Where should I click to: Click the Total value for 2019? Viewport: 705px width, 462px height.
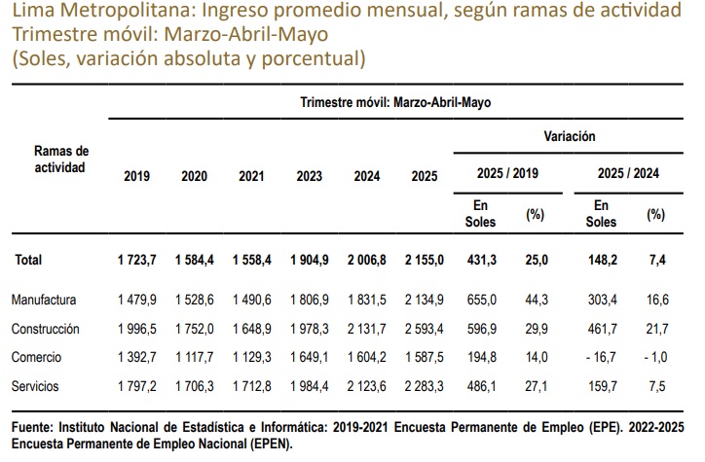[136, 260]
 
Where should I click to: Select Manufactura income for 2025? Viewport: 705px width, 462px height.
[424, 300]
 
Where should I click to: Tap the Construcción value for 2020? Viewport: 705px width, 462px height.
[194, 329]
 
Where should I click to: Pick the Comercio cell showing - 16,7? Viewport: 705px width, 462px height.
[601, 357]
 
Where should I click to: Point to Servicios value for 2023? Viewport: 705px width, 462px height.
[310, 386]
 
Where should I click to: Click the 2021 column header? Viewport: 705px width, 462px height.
[251, 176]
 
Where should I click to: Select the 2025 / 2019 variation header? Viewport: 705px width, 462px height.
[507, 173]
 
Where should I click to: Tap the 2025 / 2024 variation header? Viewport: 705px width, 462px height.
[628, 173]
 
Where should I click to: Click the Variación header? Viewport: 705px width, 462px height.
[570, 136]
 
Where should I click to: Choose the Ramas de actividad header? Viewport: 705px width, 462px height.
[61, 159]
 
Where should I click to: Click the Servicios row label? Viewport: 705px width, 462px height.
[35, 386]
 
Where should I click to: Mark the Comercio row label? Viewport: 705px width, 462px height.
[36, 357]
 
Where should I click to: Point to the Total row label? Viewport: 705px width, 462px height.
[28, 260]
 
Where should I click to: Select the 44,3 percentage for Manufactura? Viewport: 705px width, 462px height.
[537, 300]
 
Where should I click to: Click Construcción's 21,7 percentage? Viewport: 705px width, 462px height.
[657, 329]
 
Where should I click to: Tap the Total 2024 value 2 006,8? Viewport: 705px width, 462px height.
[366, 260]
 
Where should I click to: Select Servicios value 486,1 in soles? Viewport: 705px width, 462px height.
[482, 386]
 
